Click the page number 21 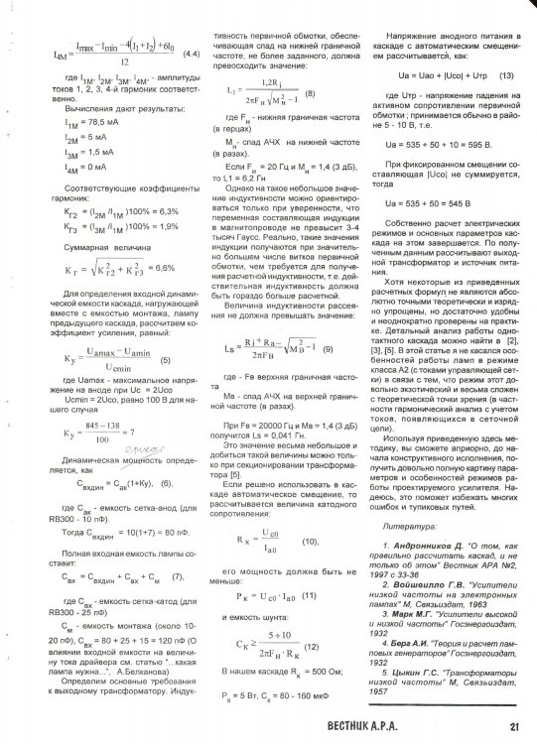pos(516,726)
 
